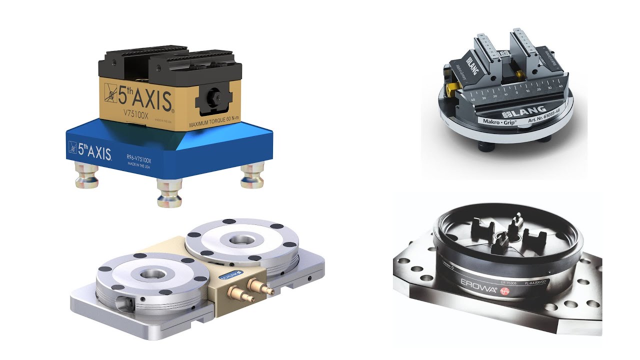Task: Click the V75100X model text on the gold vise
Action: pos(134,112)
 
